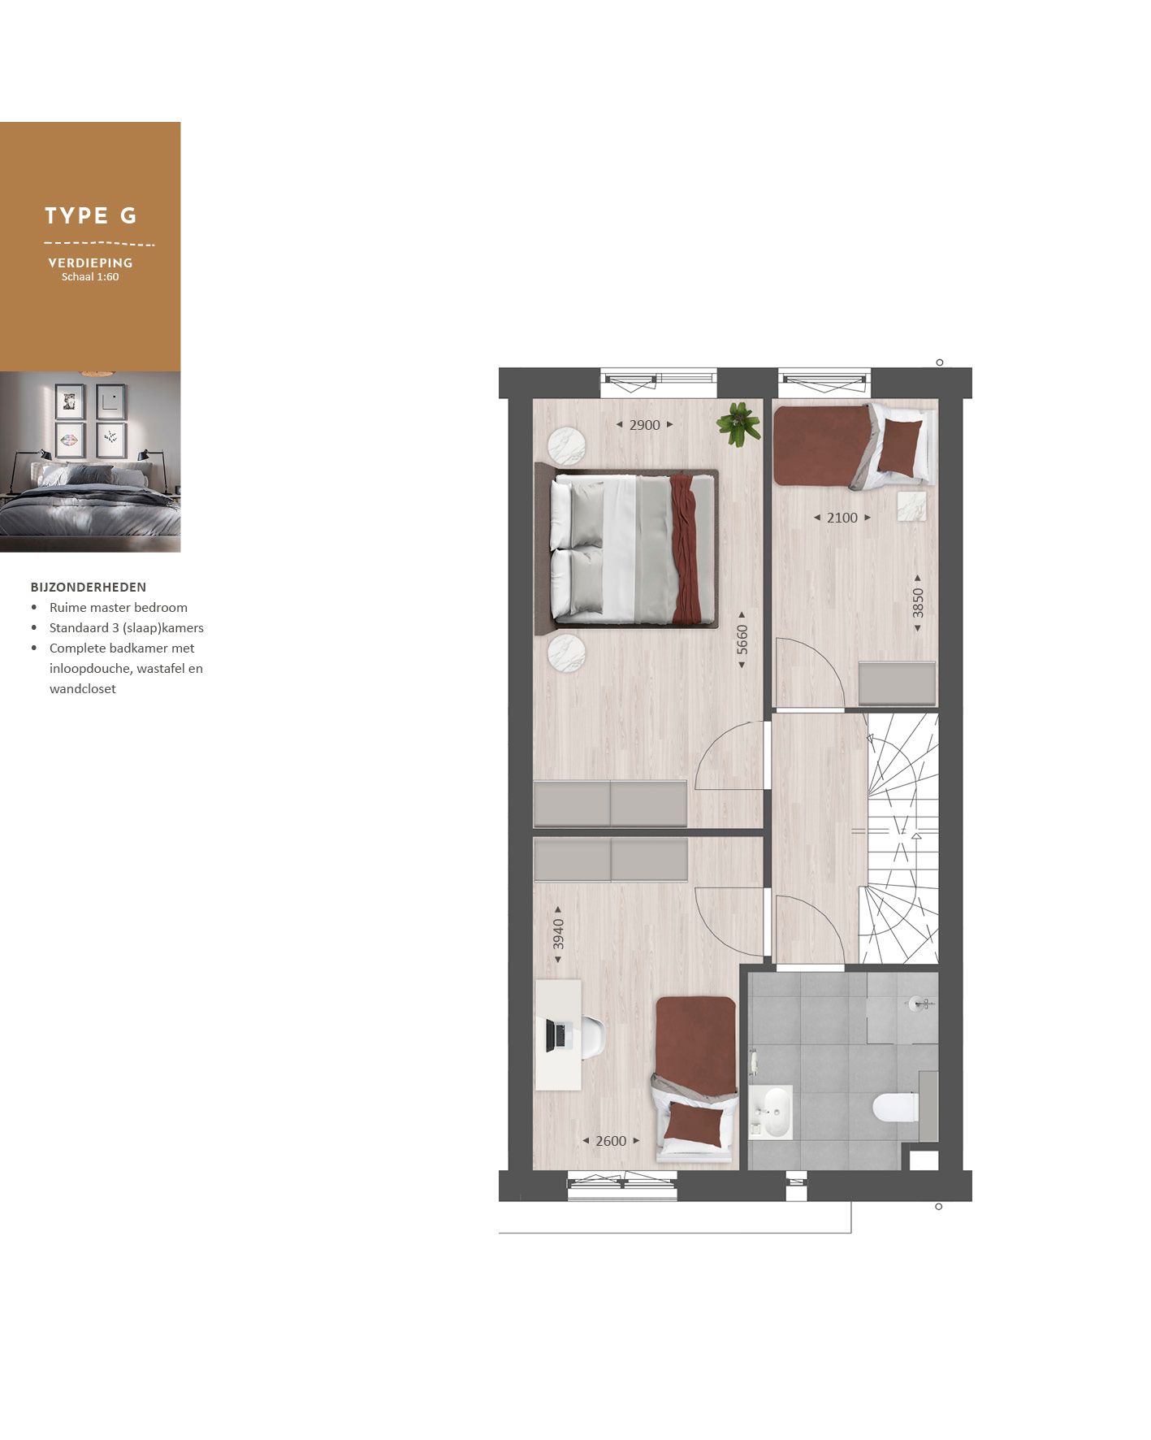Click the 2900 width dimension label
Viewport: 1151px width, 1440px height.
(644, 425)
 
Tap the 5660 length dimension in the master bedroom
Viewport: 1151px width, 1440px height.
(742, 640)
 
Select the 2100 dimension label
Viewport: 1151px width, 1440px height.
(842, 518)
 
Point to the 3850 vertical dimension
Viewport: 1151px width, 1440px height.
(918, 603)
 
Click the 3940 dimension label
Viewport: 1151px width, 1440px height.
(558, 934)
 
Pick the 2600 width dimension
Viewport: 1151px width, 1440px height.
(611, 1141)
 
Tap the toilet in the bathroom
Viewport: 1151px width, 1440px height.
(894, 1107)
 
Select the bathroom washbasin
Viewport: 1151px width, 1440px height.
(771, 1112)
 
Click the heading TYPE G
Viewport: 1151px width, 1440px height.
(90, 215)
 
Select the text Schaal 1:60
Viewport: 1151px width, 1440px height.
(90, 277)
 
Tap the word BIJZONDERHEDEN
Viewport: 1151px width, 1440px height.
(89, 587)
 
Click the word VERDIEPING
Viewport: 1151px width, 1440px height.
(90, 262)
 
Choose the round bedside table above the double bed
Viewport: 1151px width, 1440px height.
(566, 446)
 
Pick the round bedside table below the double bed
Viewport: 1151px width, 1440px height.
(566, 653)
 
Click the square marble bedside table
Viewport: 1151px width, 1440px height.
(912, 505)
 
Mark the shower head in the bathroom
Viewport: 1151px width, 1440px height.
(919, 1004)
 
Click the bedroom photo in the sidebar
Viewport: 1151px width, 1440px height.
(90, 462)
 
